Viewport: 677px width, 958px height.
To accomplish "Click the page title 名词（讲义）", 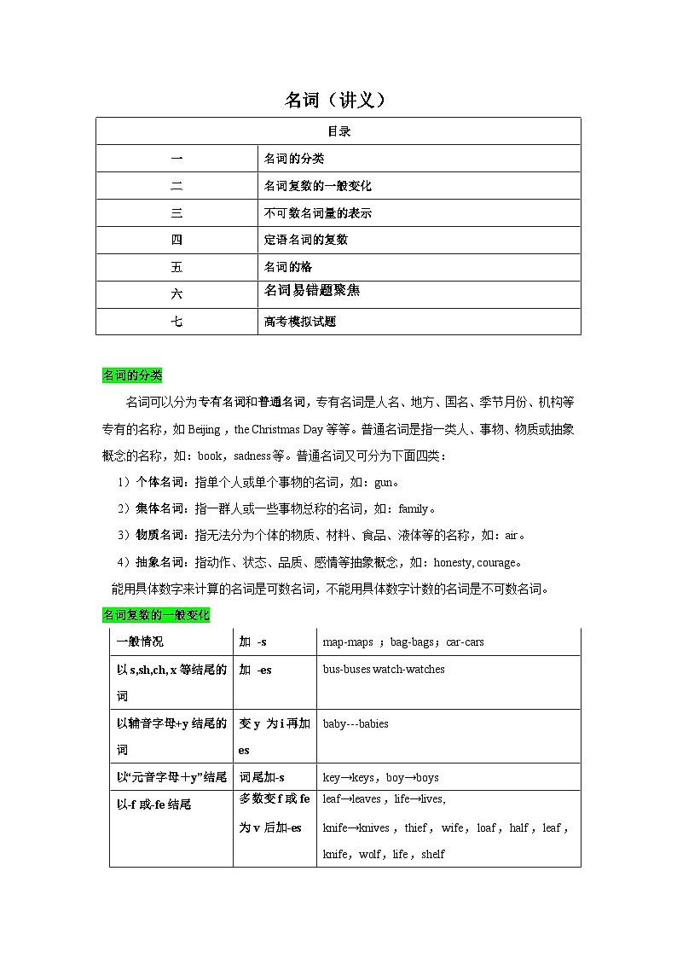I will point(337,101).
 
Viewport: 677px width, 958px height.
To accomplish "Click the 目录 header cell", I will point(338,131).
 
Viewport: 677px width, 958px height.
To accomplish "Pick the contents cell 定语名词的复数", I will point(305,240).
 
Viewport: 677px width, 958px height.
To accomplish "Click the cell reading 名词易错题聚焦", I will point(312,291).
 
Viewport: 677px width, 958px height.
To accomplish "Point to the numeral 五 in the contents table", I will point(176,267).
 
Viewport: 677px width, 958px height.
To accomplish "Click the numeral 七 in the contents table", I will point(176,322).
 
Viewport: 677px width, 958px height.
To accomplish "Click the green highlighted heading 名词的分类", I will point(132,375).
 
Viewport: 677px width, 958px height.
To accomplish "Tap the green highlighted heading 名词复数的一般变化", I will point(156,615).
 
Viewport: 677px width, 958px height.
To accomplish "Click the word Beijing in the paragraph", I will point(204,429).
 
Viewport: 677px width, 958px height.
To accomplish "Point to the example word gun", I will point(384,483).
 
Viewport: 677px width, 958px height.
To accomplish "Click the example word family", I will point(413,509).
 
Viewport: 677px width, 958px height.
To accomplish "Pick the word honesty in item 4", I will point(453,563).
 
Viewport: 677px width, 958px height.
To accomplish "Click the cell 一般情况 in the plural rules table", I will point(141,642).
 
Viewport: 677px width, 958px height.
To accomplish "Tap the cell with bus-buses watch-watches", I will point(384,670).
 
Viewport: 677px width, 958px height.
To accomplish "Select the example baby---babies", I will point(356,724).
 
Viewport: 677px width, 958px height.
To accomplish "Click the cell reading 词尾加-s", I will point(262,777).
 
